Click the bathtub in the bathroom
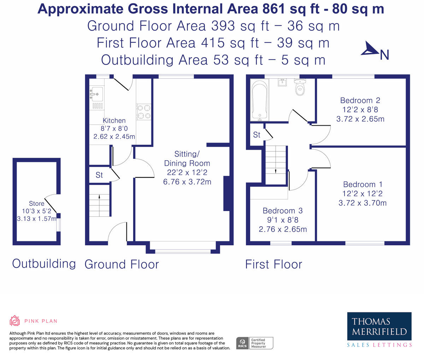point(260,100)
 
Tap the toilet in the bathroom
point(300,87)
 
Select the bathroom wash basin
point(282,83)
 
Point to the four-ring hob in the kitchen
point(143,112)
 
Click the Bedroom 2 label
point(360,100)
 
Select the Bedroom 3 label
point(283,211)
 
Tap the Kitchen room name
point(114,120)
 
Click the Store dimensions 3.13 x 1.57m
point(37,218)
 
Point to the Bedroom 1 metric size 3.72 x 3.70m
point(363,203)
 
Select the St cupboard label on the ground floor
point(99,175)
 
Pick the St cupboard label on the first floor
point(257,135)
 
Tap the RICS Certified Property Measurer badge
point(254,343)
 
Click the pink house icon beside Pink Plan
point(15,321)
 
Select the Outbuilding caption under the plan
point(44,264)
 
